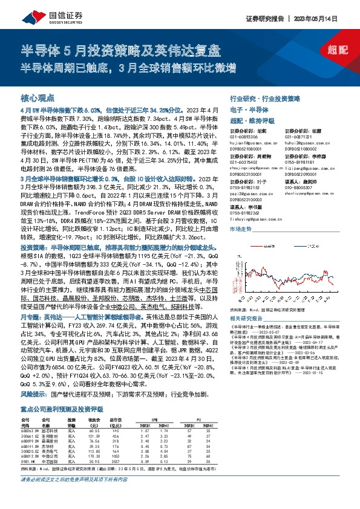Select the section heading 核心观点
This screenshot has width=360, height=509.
[38, 97]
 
